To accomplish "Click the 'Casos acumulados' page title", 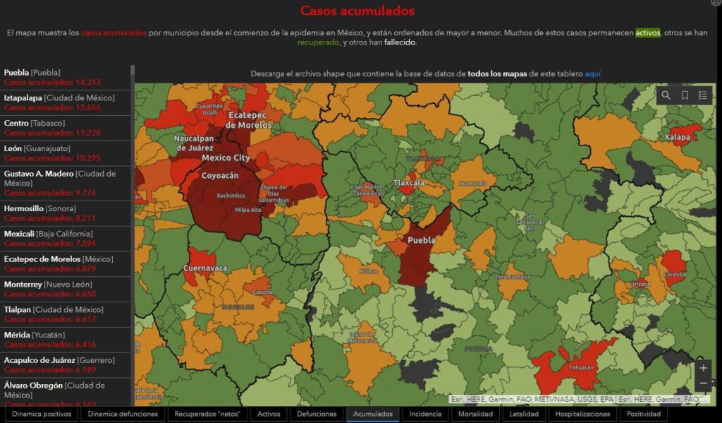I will coord(357,11).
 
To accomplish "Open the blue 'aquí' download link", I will coord(592,73).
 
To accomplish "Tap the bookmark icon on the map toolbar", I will coord(685,96).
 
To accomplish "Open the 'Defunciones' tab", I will coord(317,414).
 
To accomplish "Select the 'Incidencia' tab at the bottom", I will coord(425,414).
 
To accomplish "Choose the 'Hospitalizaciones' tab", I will coord(582,414).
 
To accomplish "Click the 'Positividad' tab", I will coord(643,414).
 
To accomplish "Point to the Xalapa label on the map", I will coord(678,136).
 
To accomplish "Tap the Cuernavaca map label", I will coord(205,268).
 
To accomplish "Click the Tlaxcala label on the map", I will coord(409,183).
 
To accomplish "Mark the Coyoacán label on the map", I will coord(220,175).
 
